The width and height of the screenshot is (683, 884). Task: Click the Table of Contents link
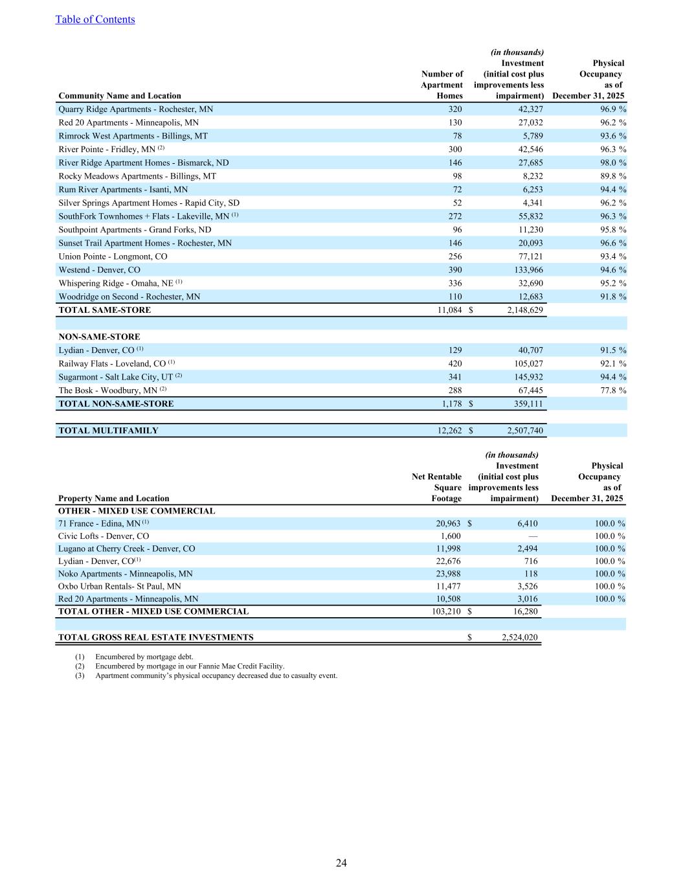pyautogui.click(x=95, y=19)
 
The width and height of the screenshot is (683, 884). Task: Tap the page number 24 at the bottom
pyautogui.click(x=341, y=863)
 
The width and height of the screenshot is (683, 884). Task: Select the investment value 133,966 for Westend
pyautogui.click(x=525, y=270)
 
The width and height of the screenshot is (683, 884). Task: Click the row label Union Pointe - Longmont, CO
pyautogui.click(x=113, y=256)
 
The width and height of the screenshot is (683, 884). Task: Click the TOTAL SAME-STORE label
pyautogui.click(x=104, y=310)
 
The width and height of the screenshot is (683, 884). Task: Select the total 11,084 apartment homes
pyautogui.click(x=450, y=310)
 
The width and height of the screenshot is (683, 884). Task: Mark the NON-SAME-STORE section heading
pyautogui.click(x=99, y=337)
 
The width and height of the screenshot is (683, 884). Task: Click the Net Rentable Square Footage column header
pyautogui.click(x=437, y=487)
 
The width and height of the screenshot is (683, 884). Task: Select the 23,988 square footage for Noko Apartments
pyautogui.click(x=447, y=574)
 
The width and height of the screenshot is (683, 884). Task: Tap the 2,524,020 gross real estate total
pyautogui.click(x=519, y=637)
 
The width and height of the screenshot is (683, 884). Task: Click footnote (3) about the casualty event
pyautogui.click(x=216, y=675)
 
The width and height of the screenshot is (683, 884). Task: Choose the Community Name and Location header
pyautogui.click(x=120, y=96)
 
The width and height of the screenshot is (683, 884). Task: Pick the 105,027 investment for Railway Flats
pyautogui.click(x=525, y=363)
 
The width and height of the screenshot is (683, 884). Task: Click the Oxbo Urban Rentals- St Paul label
pyautogui.click(x=119, y=586)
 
